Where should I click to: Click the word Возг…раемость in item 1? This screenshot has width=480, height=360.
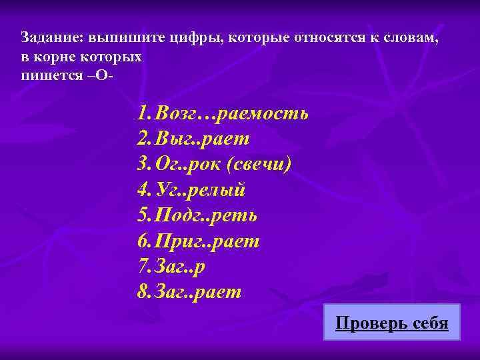coord(231,113)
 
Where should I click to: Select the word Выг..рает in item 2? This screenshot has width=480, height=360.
coord(202,139)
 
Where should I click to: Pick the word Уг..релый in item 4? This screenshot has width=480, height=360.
coord(200,190)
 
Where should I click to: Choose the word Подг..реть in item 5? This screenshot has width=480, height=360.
coord(206,215)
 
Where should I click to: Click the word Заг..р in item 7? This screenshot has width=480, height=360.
coord(180,267)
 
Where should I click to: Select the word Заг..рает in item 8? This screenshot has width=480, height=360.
coord(198,292)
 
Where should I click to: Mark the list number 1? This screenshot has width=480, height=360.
coord(143,113)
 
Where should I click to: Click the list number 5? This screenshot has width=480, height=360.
coord(143,215)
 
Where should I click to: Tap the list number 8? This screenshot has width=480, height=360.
coord(143,292)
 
